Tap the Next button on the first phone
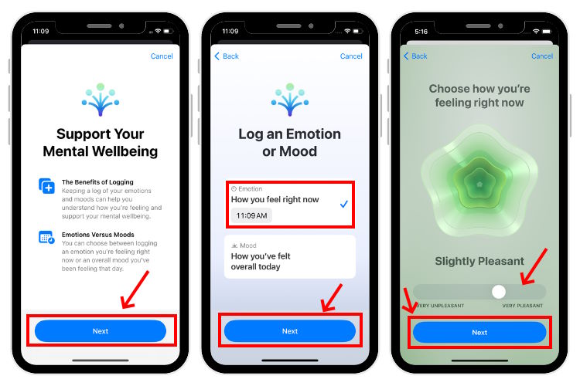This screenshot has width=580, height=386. tap(101, 331)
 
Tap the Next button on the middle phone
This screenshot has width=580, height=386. tap(290, 331)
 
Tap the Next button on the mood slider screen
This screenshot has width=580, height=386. tap(479, 333)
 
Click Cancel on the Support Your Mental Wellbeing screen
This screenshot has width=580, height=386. tap(162, 56)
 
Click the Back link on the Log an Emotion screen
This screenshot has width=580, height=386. tap(227, 56)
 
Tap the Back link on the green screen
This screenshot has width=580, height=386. tap(416, 56)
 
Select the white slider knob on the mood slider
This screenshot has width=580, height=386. tap(499, 291)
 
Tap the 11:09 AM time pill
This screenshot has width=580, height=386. tap(251, 215)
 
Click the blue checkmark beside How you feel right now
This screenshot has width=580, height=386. tap(343, 204)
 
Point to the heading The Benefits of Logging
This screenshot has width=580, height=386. tap(97, 182)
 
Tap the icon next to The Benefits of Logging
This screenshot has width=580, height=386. tap(46, 186)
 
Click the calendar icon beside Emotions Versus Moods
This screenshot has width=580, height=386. tap(46, 238)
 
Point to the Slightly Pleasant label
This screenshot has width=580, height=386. tap(479, 261)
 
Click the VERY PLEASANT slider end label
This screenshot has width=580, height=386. tap(524, 306)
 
